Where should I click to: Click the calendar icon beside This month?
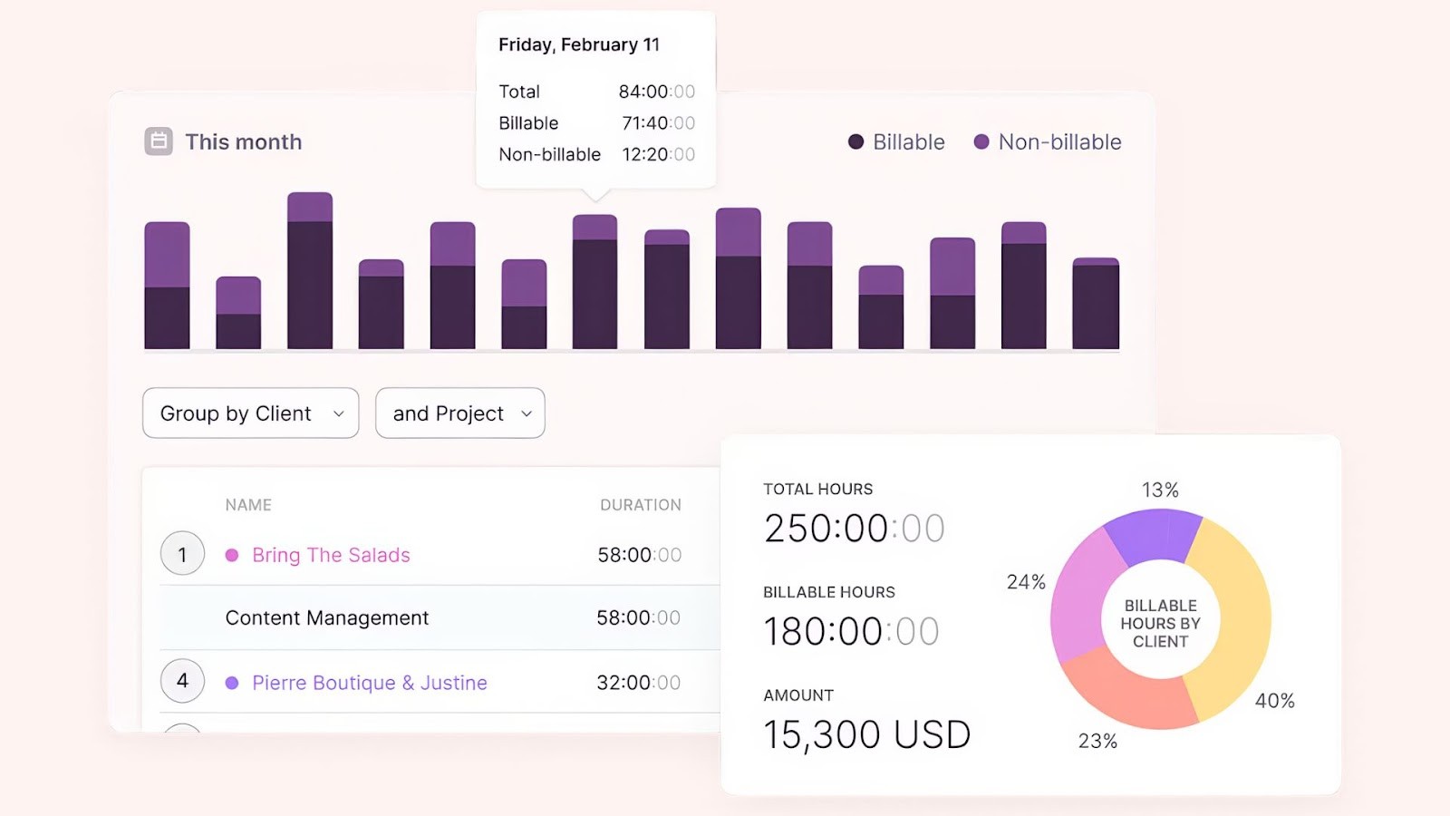[159, 141]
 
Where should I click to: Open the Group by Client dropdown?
[250, 413]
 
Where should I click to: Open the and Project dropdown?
[459, 413]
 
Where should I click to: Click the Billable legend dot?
[855, 141]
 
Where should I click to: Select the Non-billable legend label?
[1058, 141]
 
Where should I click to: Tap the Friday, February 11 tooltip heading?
[578, 44]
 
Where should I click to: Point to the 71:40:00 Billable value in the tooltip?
[658, 123]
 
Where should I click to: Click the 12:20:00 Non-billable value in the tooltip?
[658, 155]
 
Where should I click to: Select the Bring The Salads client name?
[331, 555]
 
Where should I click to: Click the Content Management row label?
[326, 618]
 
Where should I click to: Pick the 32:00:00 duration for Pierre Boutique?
[638, 683]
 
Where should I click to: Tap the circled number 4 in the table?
[182, 681]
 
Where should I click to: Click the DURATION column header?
[640, 505]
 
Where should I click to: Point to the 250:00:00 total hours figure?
[854, 529]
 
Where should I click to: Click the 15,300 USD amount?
[866, 734]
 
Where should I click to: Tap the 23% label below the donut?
[1097, 741]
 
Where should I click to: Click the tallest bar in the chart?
[310, 272]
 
